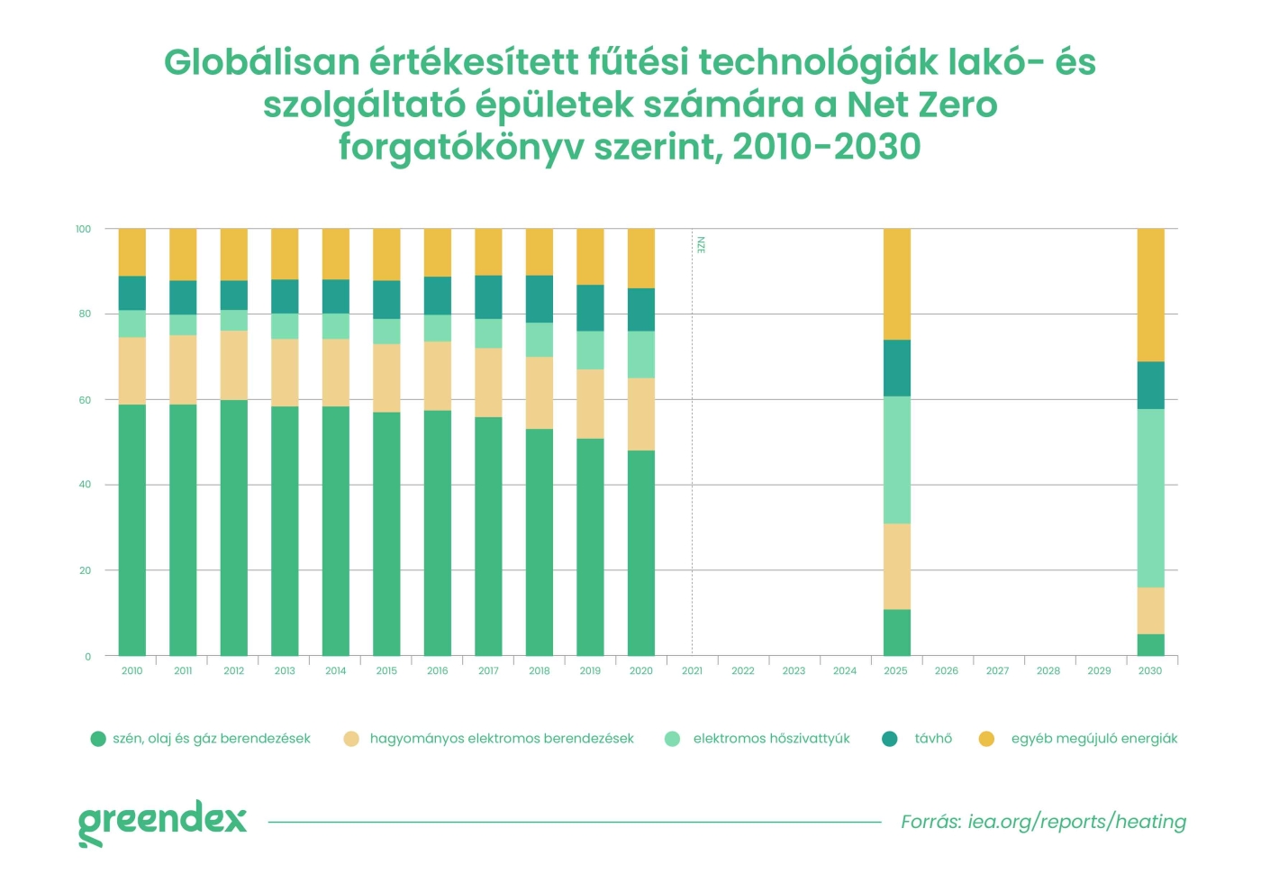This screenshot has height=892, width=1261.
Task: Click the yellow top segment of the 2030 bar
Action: coord(1150,295)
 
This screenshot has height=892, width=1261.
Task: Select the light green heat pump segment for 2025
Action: coord(896,460)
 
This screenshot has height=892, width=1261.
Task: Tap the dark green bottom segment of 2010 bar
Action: coord(132,530)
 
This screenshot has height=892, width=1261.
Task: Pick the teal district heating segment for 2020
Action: coord(640,310)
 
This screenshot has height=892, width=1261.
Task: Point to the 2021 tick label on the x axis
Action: coord(692,671)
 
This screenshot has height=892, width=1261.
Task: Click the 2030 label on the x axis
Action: coord(1150,671)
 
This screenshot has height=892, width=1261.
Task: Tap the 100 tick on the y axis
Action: coord(84,230)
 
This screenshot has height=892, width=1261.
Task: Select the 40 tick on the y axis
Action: coord(85,485)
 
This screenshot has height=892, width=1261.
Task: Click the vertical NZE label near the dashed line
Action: coord(701,245)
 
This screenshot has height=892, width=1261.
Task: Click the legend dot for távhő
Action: coord(890,739)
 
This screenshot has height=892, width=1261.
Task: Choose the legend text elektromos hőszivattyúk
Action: coord(771,739)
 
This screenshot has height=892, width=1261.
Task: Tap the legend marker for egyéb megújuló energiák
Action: coord(987,739)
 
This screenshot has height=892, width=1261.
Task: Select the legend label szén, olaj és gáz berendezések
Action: coord(212,739)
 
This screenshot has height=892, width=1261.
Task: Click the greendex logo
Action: coord(162,822)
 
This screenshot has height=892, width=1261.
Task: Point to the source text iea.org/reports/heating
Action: coord(1077,822)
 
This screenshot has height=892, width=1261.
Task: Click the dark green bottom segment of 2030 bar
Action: coord(1150,645)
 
